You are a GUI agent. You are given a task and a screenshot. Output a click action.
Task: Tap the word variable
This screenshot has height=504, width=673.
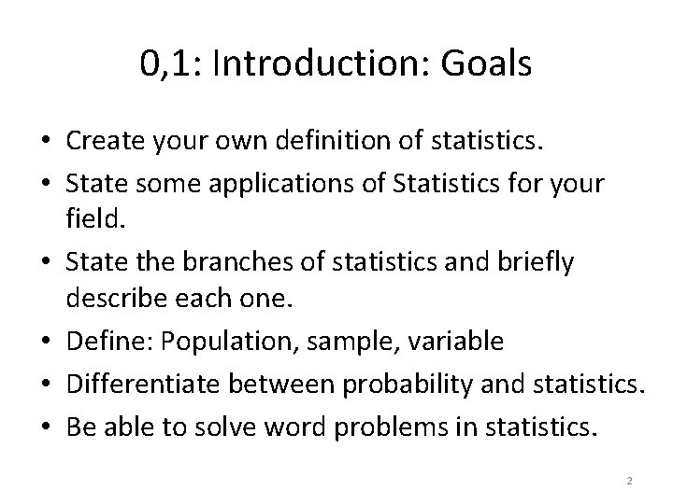(458, 341)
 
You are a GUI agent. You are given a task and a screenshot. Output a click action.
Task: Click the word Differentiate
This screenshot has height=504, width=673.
(142, 382)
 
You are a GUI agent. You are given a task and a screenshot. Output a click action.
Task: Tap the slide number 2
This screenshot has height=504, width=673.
(629, 480)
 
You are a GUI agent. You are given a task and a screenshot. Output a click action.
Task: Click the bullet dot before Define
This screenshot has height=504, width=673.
(46, 343)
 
